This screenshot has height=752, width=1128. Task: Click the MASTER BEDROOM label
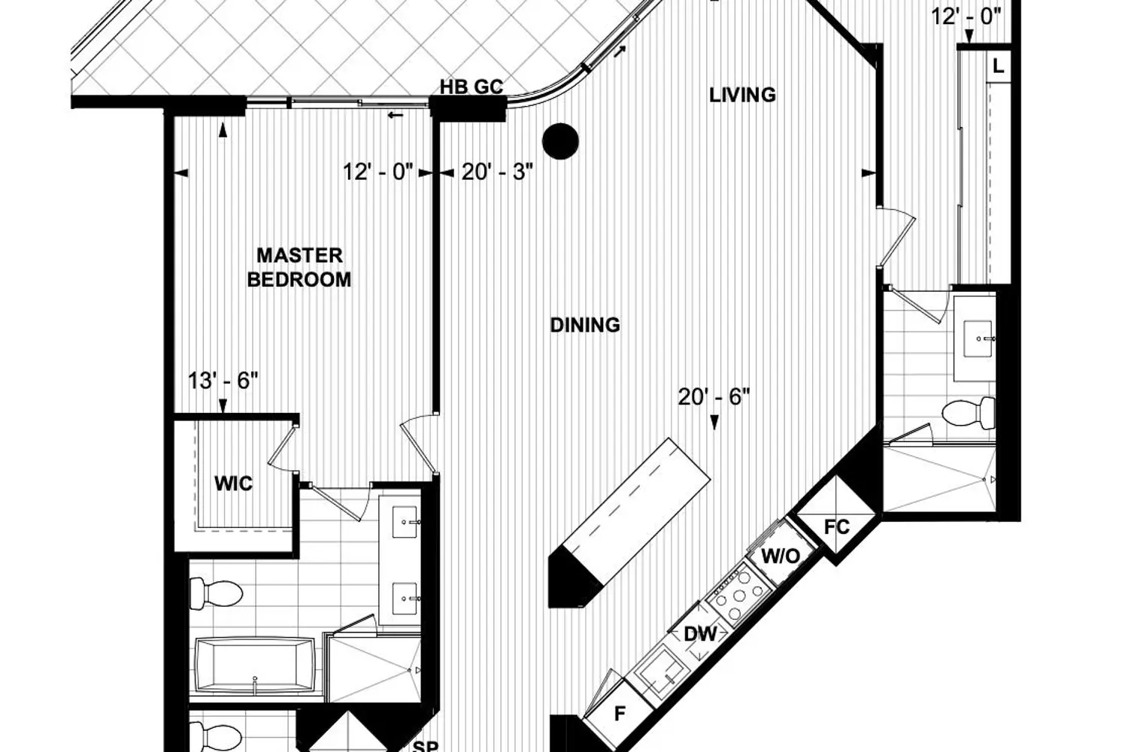[299, 268]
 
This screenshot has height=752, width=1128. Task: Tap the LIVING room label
[742, 96]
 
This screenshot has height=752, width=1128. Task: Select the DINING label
[585, 326]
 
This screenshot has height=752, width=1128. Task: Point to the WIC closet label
[233, 484]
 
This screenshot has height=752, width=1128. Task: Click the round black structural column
[560, 141]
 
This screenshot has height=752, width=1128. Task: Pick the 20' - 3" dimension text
[497, 172]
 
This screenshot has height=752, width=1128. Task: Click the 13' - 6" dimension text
[223, 381]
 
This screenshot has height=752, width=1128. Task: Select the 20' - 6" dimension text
[714, 397]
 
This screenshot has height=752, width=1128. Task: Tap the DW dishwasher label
[700, 635]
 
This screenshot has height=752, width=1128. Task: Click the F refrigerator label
[620, 713]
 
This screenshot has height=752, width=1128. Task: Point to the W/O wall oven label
[780, 556]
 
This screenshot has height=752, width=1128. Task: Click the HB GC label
[472, 86]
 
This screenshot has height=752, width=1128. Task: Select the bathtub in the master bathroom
[255, 666]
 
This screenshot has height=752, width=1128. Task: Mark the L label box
[998, 66]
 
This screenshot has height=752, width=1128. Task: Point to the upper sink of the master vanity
[405, 523]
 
